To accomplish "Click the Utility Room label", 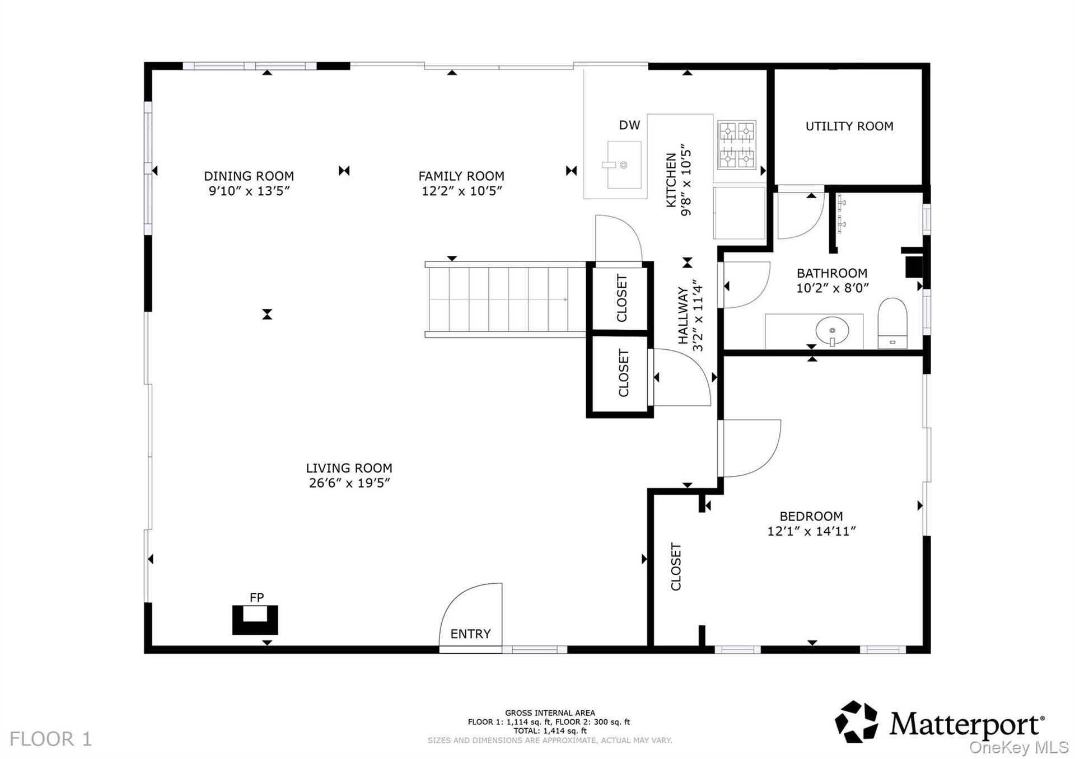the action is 849,127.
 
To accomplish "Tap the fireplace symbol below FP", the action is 255,620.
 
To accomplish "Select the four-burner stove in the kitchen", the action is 737,145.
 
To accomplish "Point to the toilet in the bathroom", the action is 892,324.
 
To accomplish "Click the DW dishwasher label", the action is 629,125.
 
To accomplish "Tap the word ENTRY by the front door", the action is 470,634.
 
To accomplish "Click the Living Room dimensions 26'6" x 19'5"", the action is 349,483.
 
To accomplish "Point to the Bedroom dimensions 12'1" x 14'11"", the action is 811,531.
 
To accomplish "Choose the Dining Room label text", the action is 249,176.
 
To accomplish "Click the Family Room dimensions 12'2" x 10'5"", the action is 461,191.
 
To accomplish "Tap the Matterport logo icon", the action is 856,721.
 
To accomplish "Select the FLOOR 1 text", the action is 50,739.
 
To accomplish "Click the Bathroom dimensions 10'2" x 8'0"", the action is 832,288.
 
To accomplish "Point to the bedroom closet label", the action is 676,566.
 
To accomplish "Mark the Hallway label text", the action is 683,316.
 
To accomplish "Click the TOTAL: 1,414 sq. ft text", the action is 550,731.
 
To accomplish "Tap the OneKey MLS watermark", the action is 1019,748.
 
